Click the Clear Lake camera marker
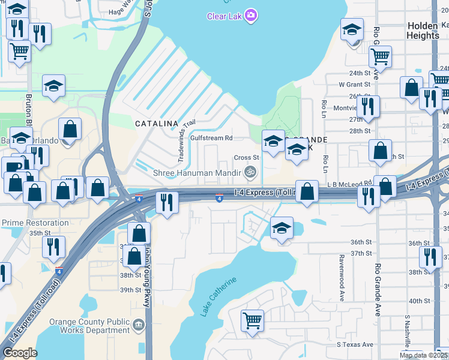[251, 16]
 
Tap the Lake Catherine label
[215, 298]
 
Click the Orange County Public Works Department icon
[139, 326]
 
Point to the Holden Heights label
[423, 31]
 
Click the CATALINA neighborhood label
[156, 124]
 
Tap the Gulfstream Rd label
[211, 137]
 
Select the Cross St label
[246, 158]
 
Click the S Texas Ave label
[355, 344]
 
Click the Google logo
[20, 352]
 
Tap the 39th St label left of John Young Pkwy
[130, 290]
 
